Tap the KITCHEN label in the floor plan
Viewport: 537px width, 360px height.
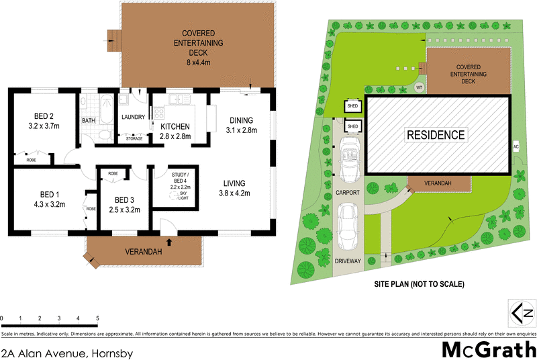click(175, 126)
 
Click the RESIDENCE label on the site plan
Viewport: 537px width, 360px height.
click(436, 135)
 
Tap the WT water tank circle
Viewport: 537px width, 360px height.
click(420, 87)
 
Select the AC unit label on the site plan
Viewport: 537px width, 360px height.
click(516, 146)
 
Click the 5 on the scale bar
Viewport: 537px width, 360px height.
click(97, 317)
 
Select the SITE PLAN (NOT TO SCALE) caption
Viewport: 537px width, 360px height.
click(419, 284)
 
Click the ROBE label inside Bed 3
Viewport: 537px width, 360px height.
click(113, 173)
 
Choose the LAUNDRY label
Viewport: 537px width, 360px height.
click(134, 117)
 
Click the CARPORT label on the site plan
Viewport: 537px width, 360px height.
click(348, 192)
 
